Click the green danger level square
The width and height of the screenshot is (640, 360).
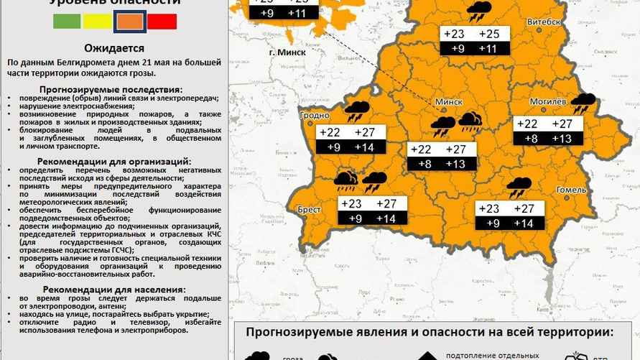point(67,22)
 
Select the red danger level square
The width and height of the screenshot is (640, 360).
point(162,22)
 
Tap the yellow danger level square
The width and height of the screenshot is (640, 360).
point(97,22)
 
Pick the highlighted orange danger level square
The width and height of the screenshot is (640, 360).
point(130,22)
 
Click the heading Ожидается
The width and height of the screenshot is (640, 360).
point(113,48)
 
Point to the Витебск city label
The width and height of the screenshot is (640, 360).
point(544,22)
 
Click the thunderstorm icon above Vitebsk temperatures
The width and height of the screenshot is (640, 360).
point(478,12)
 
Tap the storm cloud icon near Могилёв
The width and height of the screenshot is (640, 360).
point(583,103)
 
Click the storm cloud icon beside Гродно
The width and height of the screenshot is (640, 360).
point(356,111)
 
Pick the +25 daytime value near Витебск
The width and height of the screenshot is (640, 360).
point(488,34)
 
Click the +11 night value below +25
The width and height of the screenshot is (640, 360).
point(488,48)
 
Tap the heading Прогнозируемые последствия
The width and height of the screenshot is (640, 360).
point(113,89)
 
